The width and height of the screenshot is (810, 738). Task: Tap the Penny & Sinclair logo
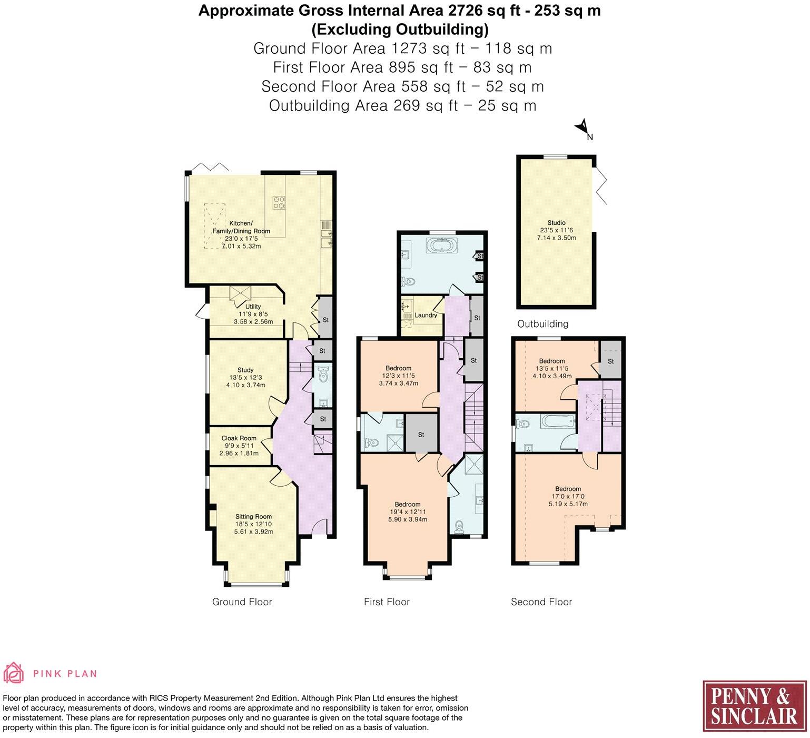[754, 706]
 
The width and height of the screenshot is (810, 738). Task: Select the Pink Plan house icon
[14, 673]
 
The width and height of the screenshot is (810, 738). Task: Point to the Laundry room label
[426, 315]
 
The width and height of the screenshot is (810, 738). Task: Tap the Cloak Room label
[239, 438]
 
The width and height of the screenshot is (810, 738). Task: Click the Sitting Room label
[253, 517]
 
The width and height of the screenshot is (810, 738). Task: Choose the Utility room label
[253, 307]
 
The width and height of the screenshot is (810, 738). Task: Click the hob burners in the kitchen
[278, 202]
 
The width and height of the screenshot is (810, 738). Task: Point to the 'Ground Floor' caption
[242, 602]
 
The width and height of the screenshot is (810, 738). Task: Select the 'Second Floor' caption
[541, 602]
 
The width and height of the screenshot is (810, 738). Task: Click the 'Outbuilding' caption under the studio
[542, 323]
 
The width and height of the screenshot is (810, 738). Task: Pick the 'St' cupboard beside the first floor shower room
[421, 434]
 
